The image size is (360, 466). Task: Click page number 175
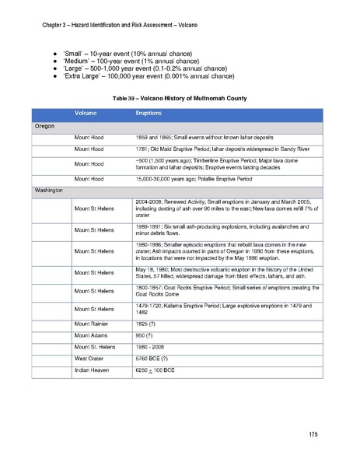(313, 433)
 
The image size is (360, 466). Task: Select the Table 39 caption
(180, 100)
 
